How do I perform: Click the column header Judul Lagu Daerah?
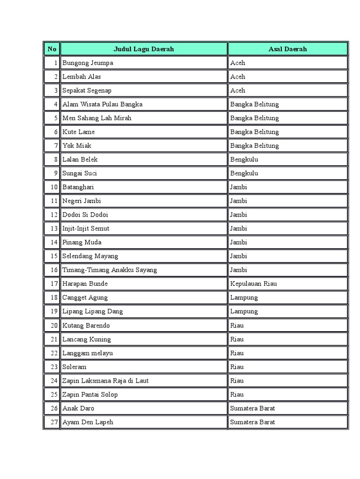coord(143,49)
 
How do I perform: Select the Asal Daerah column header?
coord(287,49)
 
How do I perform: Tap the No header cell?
coord(52,49)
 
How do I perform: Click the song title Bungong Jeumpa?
coord(88,63)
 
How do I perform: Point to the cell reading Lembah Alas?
coord(82,77)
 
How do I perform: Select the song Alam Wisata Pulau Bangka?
coord(102,104)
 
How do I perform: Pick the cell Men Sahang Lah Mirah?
coord(97,118)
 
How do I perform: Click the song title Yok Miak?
coord(77,145)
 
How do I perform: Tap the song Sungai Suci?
coord(80,173)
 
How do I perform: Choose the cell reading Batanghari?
coord(78,187)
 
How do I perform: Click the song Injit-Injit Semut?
coord(86,228)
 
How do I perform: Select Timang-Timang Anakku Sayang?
coord(109,270)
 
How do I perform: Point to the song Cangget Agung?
coord(85,298)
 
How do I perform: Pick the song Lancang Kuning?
coord(87,339)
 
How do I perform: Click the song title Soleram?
coord(75,367)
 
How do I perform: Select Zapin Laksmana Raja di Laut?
coord(105,381)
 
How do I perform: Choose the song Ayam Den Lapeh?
coord(88,422)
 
